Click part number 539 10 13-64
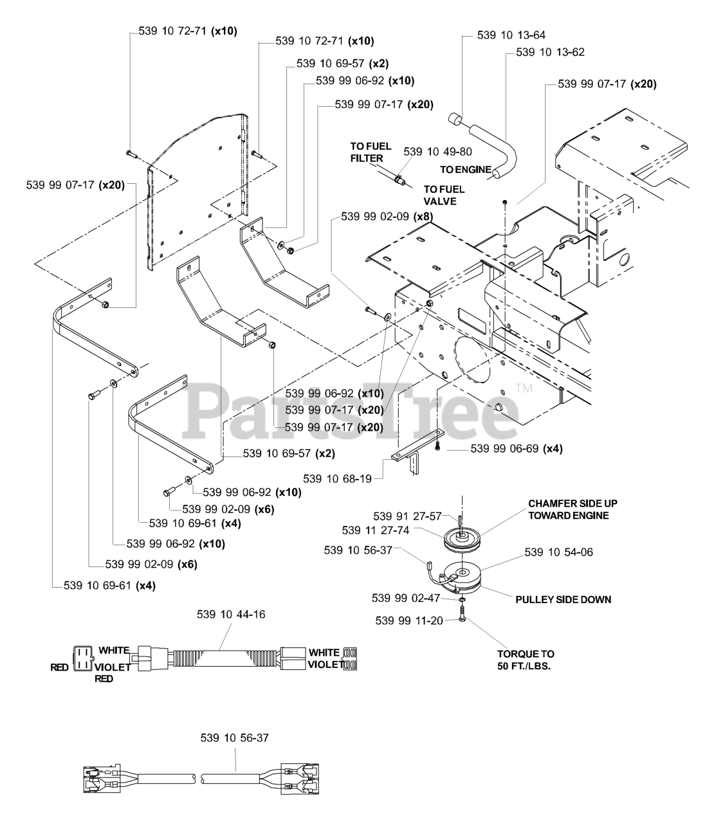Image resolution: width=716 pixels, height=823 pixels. coord(511,35)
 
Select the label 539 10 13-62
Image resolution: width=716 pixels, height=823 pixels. coord(551,52)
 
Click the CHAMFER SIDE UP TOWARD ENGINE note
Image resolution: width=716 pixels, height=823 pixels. coord(573,509)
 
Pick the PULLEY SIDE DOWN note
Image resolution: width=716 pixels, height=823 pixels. coord(563,599)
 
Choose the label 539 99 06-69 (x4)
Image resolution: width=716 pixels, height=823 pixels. coord(517,449)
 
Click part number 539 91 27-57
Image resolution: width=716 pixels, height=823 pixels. coord(408,516)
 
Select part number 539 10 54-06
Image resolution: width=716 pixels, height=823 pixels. coord(558,552)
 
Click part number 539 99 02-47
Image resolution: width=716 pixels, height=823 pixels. coord(405,598)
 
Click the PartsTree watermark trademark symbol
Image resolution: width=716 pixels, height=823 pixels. coord(524,388)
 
